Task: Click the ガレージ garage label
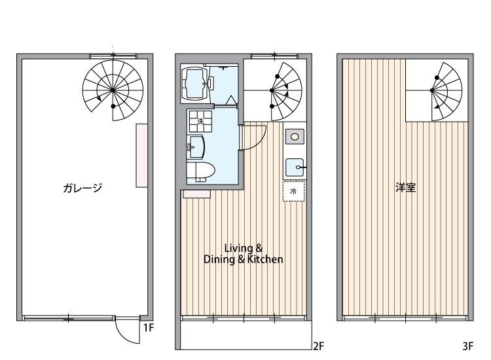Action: click(x=82, y=189)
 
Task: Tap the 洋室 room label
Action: click(x=406, y=188)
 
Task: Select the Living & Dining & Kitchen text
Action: click(x=244, y=253)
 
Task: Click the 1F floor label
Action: click(x=149, y=327)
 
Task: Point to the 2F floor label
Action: click(x=318, y=346)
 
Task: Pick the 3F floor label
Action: click(x=467, y=346)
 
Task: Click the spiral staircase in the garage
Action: click(x=113, y=90)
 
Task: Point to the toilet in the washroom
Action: click(x=200, y=171)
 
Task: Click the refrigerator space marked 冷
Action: click(x=293, y=192)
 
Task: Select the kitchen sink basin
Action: click(x=295, y=168)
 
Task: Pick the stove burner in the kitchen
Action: click(x=295, y=136)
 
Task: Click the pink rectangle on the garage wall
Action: click(x=141, y=155)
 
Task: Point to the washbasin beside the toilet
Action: click(x=196, y=146)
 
